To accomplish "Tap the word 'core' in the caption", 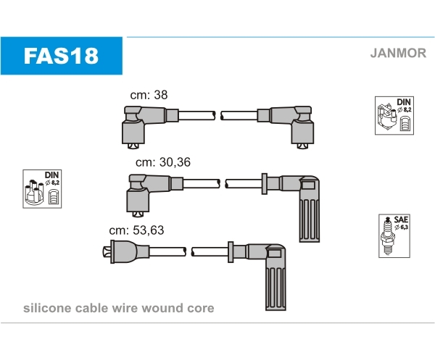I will click(x=200, y=308).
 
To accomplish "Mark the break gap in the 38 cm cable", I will click(x=218, y=115).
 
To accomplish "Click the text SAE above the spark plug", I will click(x=401, y=219).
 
